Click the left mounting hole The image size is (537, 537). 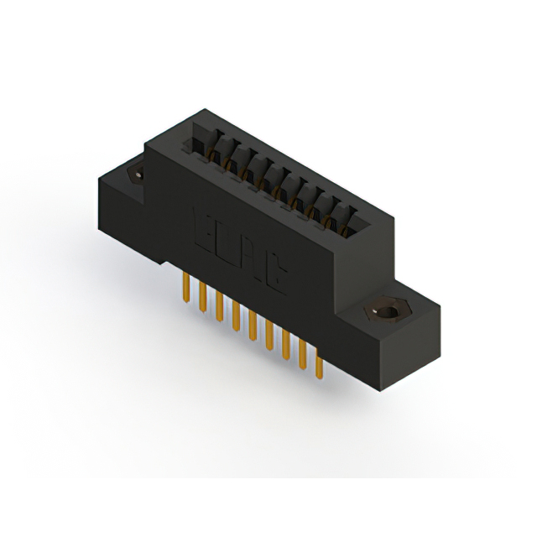point(134,173)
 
